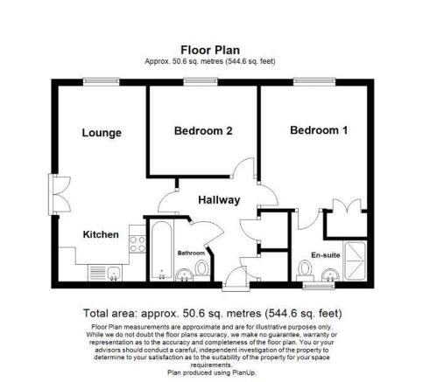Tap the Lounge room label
click(x=102, y=133)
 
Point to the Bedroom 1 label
click(x=319, y=131)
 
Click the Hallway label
click(x=218, y=200)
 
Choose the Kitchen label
click(x=101, y=235)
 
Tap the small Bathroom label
click(x=191, y=254)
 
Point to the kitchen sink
click(x=107, y=273)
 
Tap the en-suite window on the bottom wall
click(x=316, y=286)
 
